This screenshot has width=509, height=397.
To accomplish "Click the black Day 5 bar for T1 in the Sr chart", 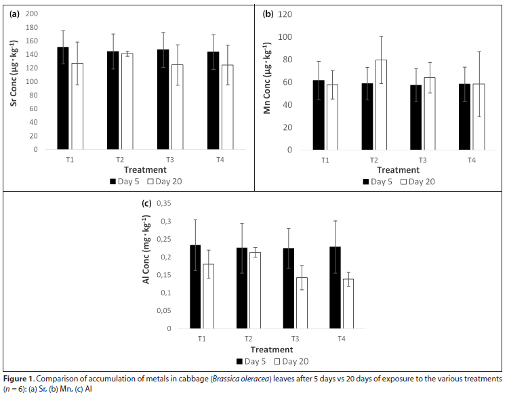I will coord(62,98).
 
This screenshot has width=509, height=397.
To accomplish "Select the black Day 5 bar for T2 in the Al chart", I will coord(243,288).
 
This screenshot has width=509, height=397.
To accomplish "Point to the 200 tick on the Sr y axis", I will coord(31,14).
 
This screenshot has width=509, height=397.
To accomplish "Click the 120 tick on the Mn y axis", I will coord(286,14).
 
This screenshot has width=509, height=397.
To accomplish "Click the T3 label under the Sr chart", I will coord(169,159).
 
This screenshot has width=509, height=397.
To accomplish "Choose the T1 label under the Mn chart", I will coord(325,160).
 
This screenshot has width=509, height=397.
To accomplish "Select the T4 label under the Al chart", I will coord(341,338).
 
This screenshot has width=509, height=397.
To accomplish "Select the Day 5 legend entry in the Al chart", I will coord(250,361).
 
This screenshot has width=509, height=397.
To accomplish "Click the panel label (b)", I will coord(268,14).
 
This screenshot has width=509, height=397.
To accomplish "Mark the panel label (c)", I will coord(146,203).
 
